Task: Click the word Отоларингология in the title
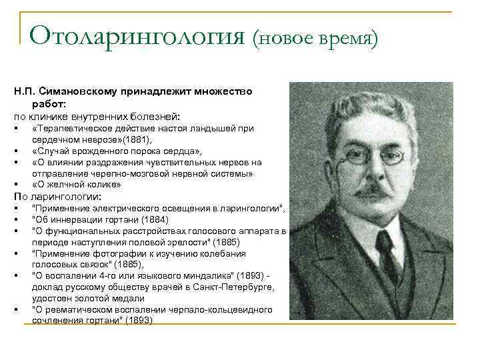(137, 35)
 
